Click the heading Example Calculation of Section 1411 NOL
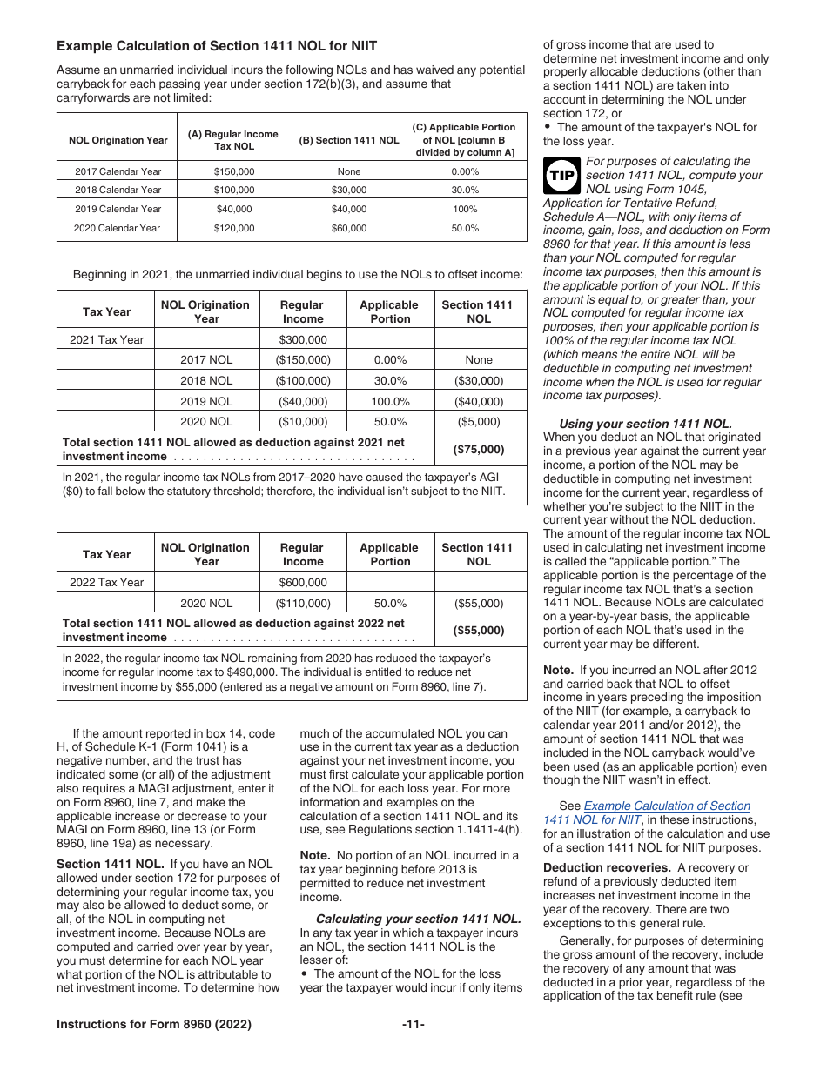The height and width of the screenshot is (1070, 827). point(217,45)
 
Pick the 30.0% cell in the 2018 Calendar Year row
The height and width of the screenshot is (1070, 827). point(465,190)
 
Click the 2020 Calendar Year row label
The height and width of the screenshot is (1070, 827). point(118,228)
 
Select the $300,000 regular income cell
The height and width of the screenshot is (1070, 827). point(302,339)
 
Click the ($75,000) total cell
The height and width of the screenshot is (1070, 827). point(480,449)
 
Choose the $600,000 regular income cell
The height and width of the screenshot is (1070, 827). point(302,582)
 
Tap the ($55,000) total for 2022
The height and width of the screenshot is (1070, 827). point(480,630)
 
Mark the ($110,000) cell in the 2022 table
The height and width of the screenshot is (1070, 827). point(302,603)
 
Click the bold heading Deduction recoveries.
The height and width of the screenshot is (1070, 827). point(596,867)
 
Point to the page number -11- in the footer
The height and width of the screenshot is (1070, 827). point(413,1024)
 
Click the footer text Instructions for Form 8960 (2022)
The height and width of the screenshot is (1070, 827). point(154,1024)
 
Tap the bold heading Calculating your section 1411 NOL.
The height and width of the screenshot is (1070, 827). point(419,919)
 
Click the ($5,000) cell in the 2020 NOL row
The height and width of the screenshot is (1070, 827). point(480,421)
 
